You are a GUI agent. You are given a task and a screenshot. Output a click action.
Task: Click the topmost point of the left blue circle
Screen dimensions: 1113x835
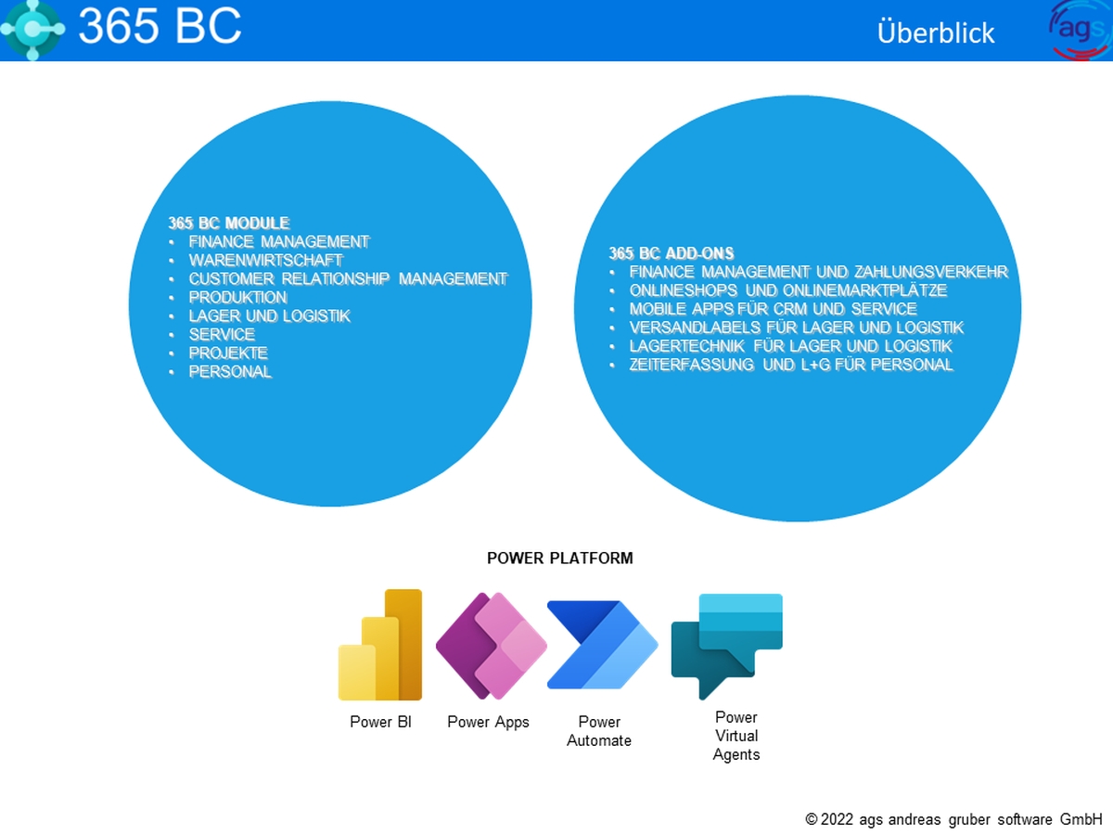tap(330, 101)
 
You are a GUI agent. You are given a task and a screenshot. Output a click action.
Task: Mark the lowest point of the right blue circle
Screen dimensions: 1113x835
tap(798, 521)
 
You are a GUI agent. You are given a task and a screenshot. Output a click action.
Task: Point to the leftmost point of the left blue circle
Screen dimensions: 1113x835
tap(129, 304)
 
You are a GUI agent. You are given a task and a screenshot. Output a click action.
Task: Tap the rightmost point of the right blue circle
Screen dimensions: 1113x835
tap(1021, 308)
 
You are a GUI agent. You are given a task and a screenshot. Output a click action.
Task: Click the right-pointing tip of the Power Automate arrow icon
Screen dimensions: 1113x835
tap(659, 645)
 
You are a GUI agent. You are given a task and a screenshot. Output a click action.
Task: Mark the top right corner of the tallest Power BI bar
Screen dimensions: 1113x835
tap(421, 590)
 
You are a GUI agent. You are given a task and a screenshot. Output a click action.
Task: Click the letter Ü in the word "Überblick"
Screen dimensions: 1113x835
tap(887, 32)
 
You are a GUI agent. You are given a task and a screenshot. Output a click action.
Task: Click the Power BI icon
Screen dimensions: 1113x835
tap(379, 645)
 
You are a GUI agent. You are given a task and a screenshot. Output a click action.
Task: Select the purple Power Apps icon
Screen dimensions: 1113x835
tap(491, 646)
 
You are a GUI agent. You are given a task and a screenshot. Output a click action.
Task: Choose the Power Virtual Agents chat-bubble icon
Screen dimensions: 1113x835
tap(726, 647)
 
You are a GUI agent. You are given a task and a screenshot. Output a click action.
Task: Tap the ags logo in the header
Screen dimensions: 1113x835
tap(1080, 31)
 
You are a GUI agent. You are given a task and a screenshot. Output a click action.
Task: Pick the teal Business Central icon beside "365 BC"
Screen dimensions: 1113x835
tap(32, 30)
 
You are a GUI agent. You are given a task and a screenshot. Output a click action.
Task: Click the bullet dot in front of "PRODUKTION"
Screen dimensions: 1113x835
tap(172, 298)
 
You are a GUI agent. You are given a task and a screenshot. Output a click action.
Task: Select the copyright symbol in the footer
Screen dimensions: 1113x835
tap(812, 819)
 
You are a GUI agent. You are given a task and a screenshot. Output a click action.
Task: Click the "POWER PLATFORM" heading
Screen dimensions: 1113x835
tap(560, 559)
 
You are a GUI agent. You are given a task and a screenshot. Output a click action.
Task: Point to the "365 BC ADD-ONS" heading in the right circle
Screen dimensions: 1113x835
tap(672, 253)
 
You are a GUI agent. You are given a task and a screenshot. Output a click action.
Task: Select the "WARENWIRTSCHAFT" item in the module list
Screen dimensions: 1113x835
tap(265, 260)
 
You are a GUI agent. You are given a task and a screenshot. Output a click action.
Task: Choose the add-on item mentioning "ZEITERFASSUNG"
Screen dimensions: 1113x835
tap(791, 365)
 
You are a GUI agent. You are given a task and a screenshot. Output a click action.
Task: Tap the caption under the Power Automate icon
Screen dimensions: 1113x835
tap(599, 731)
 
